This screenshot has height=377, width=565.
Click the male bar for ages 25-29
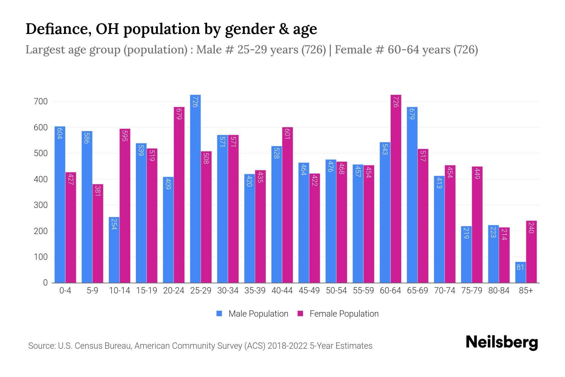click(x=195, y=188)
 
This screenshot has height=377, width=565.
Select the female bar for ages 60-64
click(x=396, y=188)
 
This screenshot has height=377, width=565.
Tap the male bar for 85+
click(x=520, y=272)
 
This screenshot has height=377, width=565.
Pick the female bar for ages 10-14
click(x=125, y=206)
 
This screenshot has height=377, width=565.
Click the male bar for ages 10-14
click(x=114, y=250)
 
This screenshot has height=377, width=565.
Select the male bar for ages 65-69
click(x=412, y=195)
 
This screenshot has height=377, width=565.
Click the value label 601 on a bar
click(x=288, y=134)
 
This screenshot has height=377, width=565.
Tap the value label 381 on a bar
click(x=98, y=191)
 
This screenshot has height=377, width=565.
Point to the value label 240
click(x=531, y=227)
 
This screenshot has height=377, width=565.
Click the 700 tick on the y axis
click(x=41, y=101)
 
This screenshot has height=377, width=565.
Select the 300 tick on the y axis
click(x=41, y=205)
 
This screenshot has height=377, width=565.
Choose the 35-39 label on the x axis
click(x=255, y=291)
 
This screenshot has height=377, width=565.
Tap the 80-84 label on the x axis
click(x=499, y=291)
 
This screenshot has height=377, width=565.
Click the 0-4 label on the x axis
click(x=65, y=291)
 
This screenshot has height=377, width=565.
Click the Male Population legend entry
click(x=258, y=314)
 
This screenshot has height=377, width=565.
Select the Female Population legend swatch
click(x=300, y=314)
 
